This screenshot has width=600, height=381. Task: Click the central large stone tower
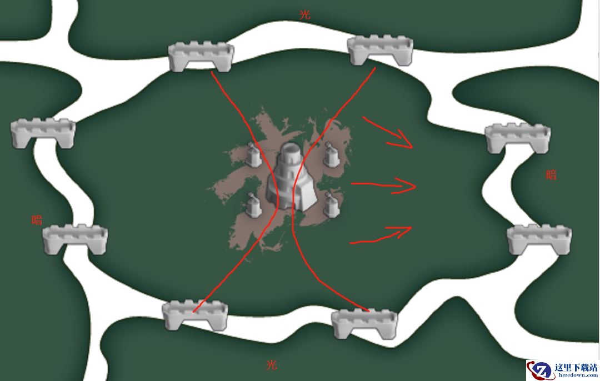(x=292, y=177)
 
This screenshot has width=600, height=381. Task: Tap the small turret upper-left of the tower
(x=253, y=154)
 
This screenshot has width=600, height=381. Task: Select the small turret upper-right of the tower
(x=331, y=154)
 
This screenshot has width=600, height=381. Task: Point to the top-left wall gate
(x=201, y=57)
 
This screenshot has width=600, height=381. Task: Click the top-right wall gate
(x=380, y=50)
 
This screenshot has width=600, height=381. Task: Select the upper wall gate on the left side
(x=43, y=133)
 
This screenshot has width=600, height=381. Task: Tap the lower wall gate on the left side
(x=74, y=239)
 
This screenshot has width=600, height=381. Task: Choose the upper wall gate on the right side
(x=518, y=138)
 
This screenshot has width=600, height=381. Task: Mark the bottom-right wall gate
(x=364, y=324)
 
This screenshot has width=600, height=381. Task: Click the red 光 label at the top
(x=304, y=14)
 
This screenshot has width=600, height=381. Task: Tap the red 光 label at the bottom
(x=271, y=364)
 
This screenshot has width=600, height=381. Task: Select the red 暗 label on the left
(x=37, y=219)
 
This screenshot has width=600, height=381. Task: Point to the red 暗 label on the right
(x=551, y=175)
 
